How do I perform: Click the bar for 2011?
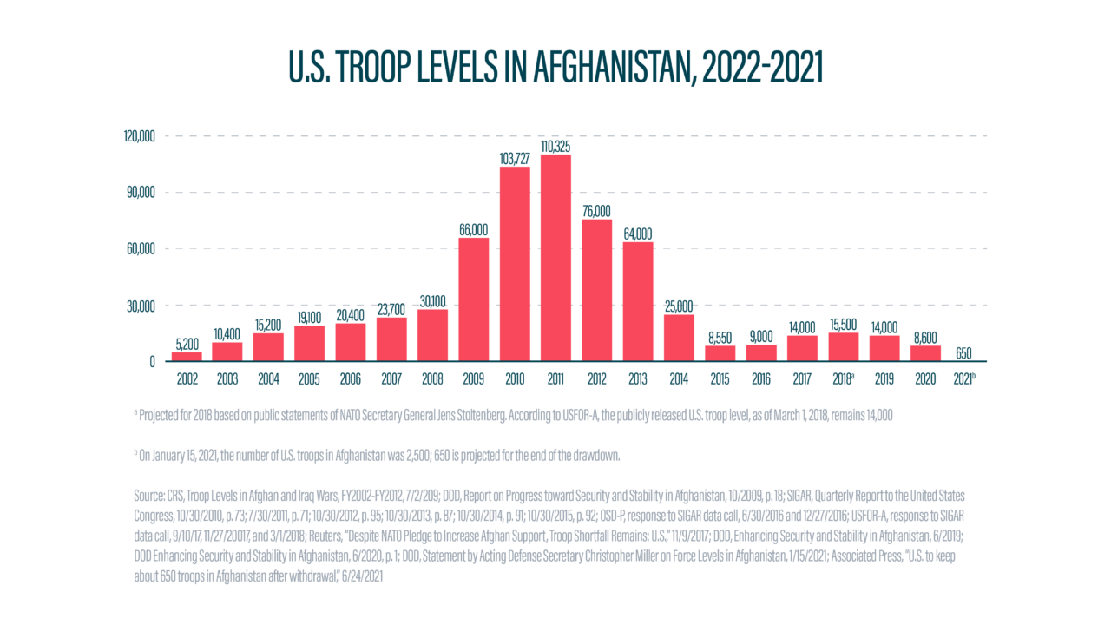pyautogui.click(x=555, y=257)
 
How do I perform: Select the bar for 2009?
pyautogui.click(x=473, y=299)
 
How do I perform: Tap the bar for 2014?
pyautogui.click(x=679, y=338)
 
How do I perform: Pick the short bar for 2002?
pyautogui.click(x=187, y=356)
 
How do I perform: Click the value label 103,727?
pyautogui.click(x=515, y=158)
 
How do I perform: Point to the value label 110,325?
pyautogui.click(x=555, y=146)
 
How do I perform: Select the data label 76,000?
pyautogui.click(x=596, y=211)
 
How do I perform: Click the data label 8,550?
pyautogui.click(x=720, y=338)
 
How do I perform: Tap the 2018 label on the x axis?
pyautogui.click(x=841, y=380)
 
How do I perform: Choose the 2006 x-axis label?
pyautogui.click(x=351, y=380)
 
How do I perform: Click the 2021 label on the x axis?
pyautogui.click(x=964, y=380)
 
